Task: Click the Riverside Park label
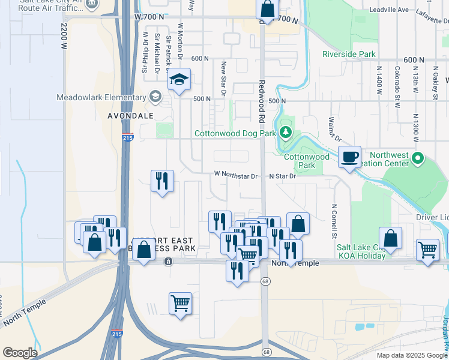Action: point(349,55)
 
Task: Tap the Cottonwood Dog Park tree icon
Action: point(286,133)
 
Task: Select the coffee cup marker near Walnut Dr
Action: point(349,157)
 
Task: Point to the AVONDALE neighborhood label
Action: point(130,115)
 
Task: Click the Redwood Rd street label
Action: point(262,98)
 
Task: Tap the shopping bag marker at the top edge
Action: point(268,9)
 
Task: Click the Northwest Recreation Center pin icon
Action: point(418,159)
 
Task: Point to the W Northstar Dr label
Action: point(236,176)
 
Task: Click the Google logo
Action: point(20,353)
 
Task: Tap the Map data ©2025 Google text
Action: point(411,355)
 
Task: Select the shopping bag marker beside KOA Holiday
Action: point(390,238)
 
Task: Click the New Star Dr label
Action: point(223,78)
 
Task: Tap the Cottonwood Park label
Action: point(306,161)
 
